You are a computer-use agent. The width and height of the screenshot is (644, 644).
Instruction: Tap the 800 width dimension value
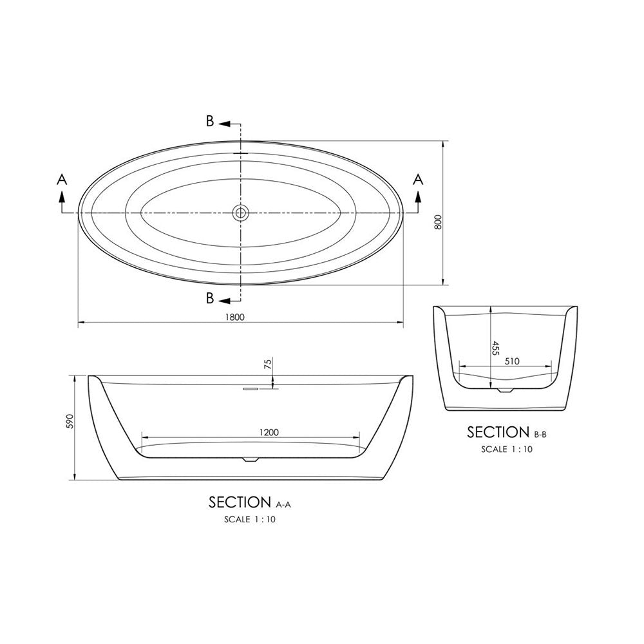(437, 222)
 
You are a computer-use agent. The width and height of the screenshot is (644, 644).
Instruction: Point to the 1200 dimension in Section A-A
(269, 432)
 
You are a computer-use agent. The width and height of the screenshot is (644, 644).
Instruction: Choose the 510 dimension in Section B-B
(513, 362)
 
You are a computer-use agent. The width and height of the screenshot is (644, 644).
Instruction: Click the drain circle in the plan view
(241, 213)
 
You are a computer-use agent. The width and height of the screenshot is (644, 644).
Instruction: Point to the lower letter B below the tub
(210, 298)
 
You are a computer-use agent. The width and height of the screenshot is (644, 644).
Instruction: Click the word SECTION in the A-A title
(239, 502)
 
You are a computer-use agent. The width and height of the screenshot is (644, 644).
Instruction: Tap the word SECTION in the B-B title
(498, 431)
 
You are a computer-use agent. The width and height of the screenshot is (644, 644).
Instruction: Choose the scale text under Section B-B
(506, 449)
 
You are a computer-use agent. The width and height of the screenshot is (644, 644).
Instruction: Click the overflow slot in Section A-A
(249, 388)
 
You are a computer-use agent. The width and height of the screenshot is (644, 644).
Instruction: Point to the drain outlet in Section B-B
(506, 390)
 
